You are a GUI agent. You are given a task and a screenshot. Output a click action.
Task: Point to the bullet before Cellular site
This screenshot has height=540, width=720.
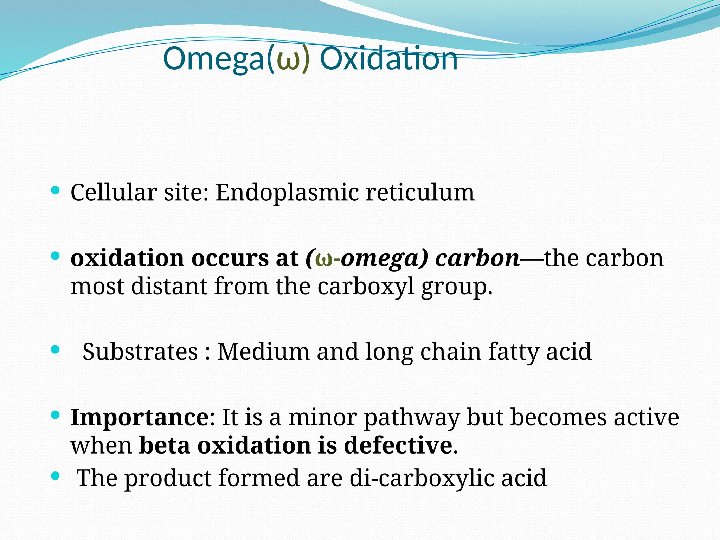(x=55, y=191)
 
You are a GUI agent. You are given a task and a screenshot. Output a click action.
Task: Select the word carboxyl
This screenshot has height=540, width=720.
(x=366, y=286)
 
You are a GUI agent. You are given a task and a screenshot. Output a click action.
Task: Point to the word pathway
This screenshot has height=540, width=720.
(x=412, y=418)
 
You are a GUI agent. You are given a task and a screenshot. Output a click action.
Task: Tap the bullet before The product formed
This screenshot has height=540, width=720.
(x=55, y=476)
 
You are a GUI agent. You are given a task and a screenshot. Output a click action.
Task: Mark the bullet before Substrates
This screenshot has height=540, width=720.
(x=55, y=349)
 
